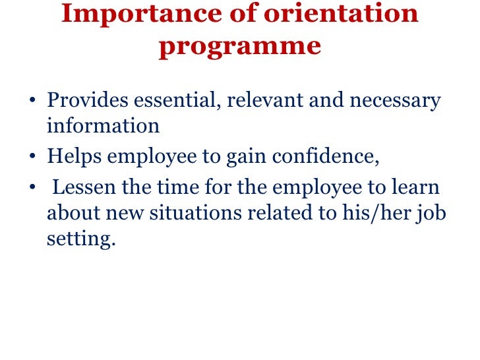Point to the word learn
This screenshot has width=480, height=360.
tap(416, 188)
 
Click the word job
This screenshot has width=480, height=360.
tap(433, 214)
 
